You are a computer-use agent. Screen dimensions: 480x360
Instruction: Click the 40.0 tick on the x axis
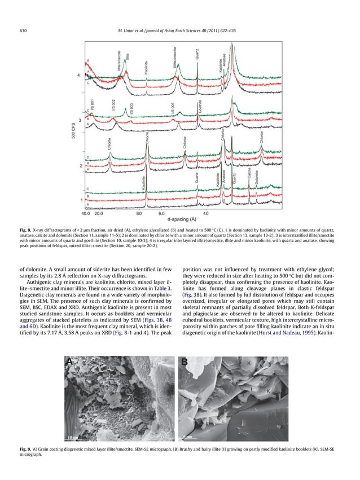(x=86, y=213)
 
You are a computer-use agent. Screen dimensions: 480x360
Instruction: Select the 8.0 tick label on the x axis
(x=139, y=213)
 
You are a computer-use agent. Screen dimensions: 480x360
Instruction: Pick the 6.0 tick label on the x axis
(x=161, y=213)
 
